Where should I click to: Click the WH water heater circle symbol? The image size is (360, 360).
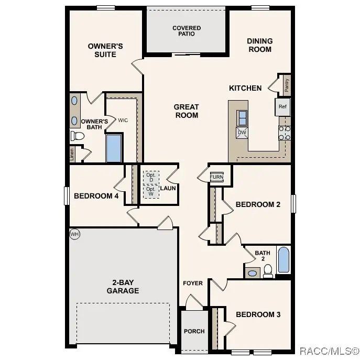tap(74, 234)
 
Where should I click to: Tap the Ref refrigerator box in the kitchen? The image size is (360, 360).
tap(282, 107)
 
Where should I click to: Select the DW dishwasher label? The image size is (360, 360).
tap(242, 133)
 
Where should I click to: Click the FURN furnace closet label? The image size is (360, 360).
tap(216, 177)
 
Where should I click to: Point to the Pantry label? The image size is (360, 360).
tap(287, 85)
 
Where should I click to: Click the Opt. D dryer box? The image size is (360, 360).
tap(151, 177)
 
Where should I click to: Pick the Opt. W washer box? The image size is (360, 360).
tap(151, 192)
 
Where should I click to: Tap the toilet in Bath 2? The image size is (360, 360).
tap(268, 270)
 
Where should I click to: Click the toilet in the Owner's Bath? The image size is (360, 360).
tap(78, 136)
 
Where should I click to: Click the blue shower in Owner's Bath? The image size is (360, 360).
tap(114, 148)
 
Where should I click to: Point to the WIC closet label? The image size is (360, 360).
tap(123, 120)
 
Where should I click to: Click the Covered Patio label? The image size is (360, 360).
tap(187, 31)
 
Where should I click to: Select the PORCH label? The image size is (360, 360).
tap(194, 331)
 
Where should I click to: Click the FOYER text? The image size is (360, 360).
tap(192, 283)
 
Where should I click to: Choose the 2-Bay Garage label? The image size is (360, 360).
tap(123, 287)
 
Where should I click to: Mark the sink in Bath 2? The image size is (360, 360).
tap(252, 273)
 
